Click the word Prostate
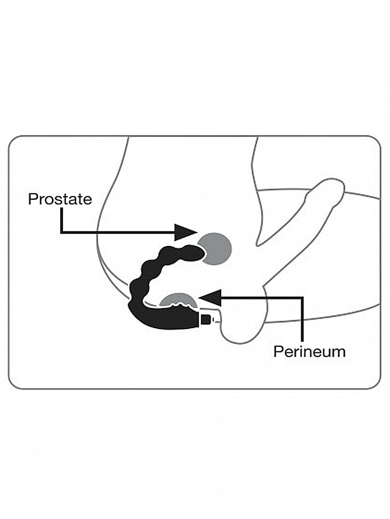60,199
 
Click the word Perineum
309,351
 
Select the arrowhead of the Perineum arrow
210,298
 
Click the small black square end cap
206,320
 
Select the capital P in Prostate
32,199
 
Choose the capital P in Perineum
278,351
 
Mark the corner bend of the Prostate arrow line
61,233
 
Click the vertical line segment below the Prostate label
61,220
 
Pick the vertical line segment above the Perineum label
302,319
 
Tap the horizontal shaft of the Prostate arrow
118,233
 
